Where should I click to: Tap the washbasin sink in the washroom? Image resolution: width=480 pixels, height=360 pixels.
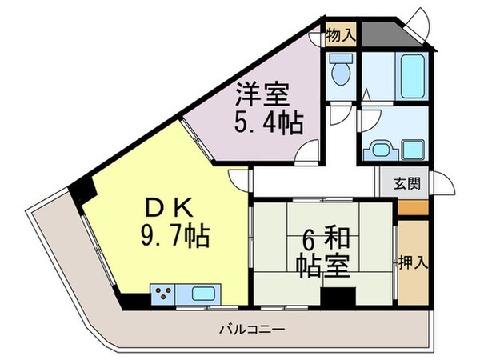point(377,149)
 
